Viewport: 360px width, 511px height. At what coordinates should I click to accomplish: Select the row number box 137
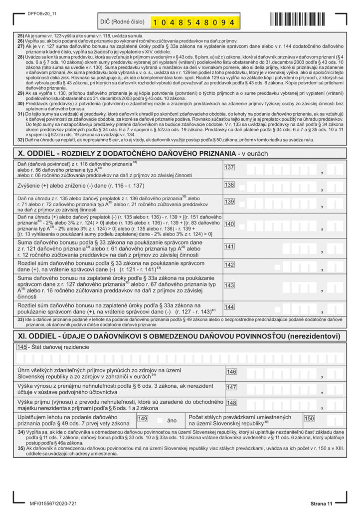click(x=229, y=167)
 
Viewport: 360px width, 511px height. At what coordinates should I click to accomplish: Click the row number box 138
click(x=229, y=185)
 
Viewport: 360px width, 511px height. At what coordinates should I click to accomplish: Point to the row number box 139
click(x=229, y=202)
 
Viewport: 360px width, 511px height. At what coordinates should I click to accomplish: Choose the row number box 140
click(x=229, y=224)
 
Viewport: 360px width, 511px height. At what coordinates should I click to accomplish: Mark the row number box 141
click(x=229, y=247)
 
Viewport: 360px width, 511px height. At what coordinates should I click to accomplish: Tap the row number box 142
click(x=229, y=264)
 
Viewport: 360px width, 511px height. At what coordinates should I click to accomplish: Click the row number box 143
click(x=229, y=285)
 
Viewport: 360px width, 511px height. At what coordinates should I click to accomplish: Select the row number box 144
click(x=229, y=307)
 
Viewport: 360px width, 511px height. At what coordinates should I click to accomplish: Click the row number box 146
click(x=231, y=372)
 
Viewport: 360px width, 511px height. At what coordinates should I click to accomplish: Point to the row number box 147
click(x=231, y=387)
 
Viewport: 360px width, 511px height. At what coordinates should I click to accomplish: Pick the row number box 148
click(x=231, y=403)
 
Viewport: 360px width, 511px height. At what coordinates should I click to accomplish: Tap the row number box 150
click(x=309, y=418)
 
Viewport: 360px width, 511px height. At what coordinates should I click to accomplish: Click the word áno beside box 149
click(x=172, y=421)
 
